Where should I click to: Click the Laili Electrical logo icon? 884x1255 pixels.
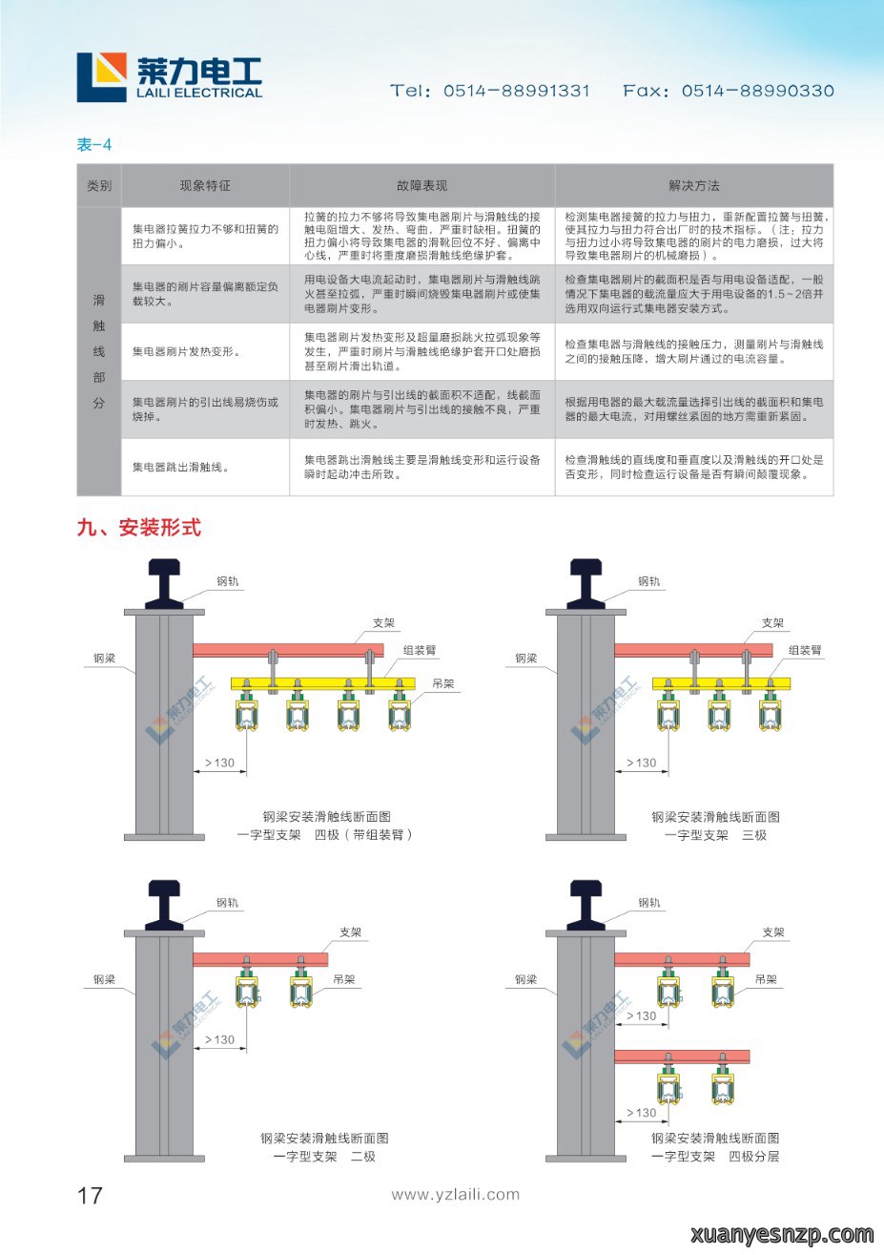[101, 77]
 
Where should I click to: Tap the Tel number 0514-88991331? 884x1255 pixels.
[516, 91]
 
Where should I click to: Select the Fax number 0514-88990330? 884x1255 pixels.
[757, 91]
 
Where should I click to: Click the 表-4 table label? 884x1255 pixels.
[94, 144]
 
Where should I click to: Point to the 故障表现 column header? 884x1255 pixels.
[421, 185]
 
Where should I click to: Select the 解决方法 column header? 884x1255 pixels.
[694, 185]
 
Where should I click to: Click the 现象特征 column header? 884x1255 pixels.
[205, 185]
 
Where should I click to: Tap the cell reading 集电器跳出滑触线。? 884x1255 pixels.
[181, 467]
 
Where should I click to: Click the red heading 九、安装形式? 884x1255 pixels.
[139, 527]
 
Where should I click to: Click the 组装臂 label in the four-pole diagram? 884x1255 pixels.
[420, 650]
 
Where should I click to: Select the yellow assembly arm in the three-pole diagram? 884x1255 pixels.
[721, 683]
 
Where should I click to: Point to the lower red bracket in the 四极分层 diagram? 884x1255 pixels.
[682, 1056]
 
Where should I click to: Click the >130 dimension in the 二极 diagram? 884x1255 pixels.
[219, 1040]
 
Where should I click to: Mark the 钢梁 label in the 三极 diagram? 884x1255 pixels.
[525, 659]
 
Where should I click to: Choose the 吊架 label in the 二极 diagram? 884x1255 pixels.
[343, 979]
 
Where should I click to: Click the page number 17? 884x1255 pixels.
[90, 1195]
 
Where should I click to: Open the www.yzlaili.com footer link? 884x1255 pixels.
[455, 1195]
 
